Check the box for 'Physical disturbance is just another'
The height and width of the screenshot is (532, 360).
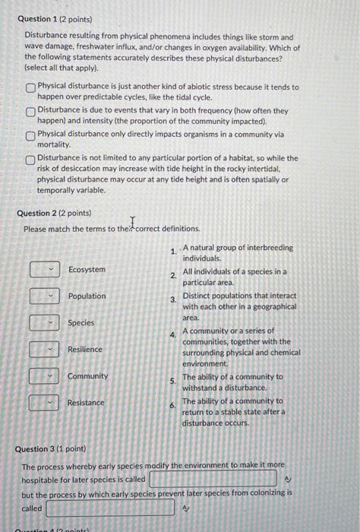[x=30, y=88]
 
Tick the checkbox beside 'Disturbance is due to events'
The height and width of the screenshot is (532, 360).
[x=30, y=112]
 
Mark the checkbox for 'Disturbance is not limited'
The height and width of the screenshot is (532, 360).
[x=30, y=160]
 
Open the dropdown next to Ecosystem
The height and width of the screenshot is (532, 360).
[x=45, y=270]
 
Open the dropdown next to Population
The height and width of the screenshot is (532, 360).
[x=45, y=296]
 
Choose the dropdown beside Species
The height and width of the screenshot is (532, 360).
[x=45, y=323]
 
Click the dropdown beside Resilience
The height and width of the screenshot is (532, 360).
[x=45, y=350]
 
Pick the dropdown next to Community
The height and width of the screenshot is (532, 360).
[x=45, y=376]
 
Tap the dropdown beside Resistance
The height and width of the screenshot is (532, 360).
[x=45, y=403]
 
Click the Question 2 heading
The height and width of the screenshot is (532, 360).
[x=54, y=214]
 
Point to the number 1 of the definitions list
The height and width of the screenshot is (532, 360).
[x=174, y=252]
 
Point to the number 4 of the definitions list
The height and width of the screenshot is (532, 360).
[x=173, y=334]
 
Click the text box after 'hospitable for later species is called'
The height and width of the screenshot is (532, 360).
[x=213, y=479]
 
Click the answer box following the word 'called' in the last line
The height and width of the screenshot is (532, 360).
[x=110, y=508]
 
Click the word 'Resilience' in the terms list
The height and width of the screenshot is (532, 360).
[x=85, y=350]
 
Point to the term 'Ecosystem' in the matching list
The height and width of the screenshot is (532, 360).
[x=87, y=270]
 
